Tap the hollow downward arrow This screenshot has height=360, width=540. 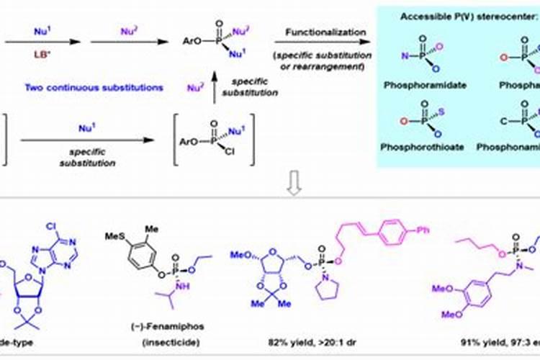(294, 187)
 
